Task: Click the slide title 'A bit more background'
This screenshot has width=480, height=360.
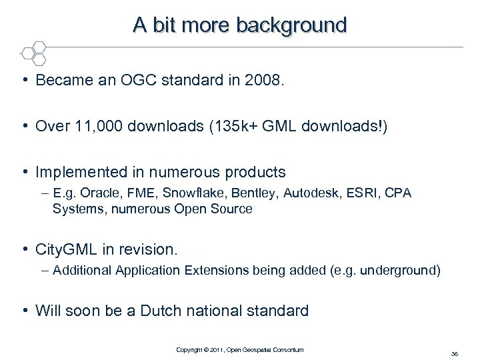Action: point(240,25)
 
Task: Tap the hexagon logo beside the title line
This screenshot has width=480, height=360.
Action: point(33,51)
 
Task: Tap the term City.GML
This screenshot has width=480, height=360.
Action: point(68,249)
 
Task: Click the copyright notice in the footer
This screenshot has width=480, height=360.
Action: point(239,349)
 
